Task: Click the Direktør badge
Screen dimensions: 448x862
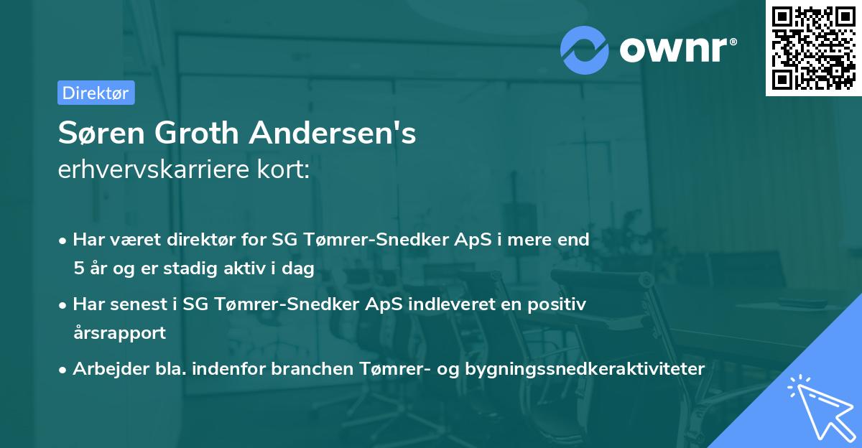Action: coord(96,93)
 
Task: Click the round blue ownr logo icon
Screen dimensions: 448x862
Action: coord(584,50)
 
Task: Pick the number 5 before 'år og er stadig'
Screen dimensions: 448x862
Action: coord(78,268)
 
